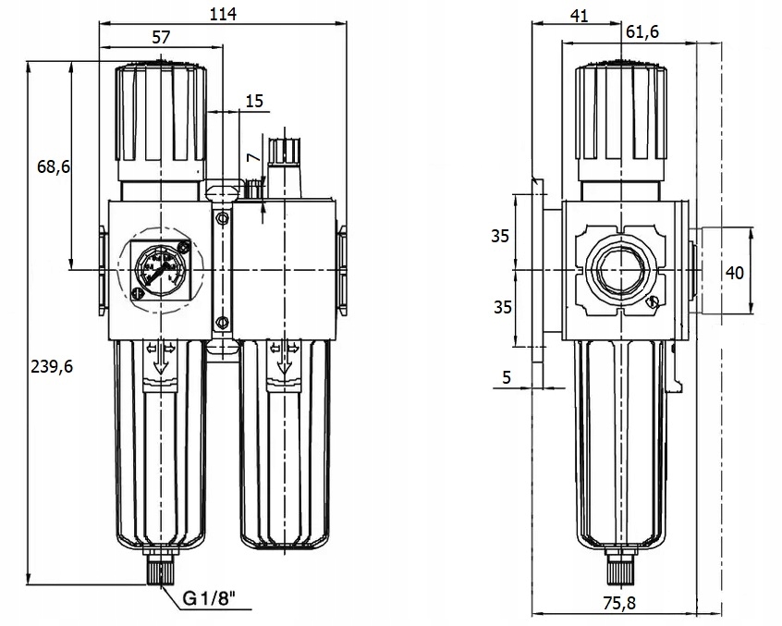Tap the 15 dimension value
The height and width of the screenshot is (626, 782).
click(x=255, y=101)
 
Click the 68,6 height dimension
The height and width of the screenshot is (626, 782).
click(x=55, y=167)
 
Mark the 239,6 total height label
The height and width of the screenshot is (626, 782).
click(x=52, y=365)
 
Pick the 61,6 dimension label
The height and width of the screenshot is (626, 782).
click(x=641, y=32)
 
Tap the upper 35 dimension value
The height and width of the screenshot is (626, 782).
click(x=499, y=236)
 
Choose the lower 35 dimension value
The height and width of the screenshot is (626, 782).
click(x=499, y=306)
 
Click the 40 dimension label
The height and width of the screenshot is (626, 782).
click(x=735, y=272)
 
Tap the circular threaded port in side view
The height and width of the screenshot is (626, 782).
click(x=620, y=270)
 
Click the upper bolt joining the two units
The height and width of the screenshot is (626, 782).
click(x=221, y=218)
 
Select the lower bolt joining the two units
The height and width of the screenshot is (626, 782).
click(x=221, y=322)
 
